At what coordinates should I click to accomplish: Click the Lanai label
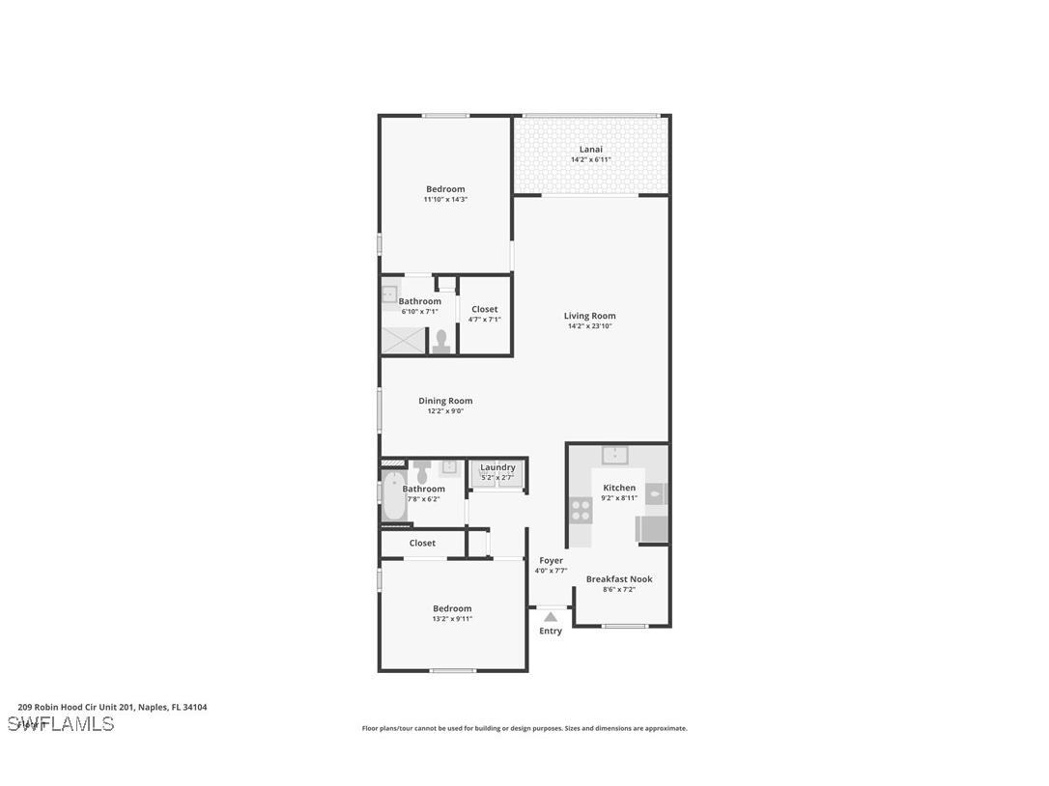[x=590, y=150]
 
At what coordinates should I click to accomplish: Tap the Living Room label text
[x=589, y=316]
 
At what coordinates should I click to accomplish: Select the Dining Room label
[x=445, y=401]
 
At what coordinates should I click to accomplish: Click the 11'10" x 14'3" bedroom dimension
[x=445, y=200]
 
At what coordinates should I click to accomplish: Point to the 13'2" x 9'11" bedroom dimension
[x=452, y=619]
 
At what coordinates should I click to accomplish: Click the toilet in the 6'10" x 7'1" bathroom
[x=441, y=342]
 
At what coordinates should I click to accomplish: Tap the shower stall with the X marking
[x=403, y=340]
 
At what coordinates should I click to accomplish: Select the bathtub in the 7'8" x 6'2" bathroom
[x=392, y=497]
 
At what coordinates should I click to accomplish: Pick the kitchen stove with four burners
[x=581, y=508]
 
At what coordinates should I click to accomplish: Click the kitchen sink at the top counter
[x=615, y=454]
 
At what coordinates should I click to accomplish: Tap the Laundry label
[x=497, y=467]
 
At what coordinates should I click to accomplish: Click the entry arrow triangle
[x=551, y=616]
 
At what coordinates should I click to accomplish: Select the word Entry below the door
[x=551, y=632]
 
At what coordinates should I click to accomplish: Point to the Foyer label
[x=551, y=560]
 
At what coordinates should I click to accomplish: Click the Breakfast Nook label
[x=619, y=579]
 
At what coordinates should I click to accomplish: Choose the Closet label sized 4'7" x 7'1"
[x=485, y=309]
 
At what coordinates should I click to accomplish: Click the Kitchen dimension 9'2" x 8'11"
[x=619, y=498]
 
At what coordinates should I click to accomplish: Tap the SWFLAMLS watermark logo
[x=61, y=724]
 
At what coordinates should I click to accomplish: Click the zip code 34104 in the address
[x=195, y=707]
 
